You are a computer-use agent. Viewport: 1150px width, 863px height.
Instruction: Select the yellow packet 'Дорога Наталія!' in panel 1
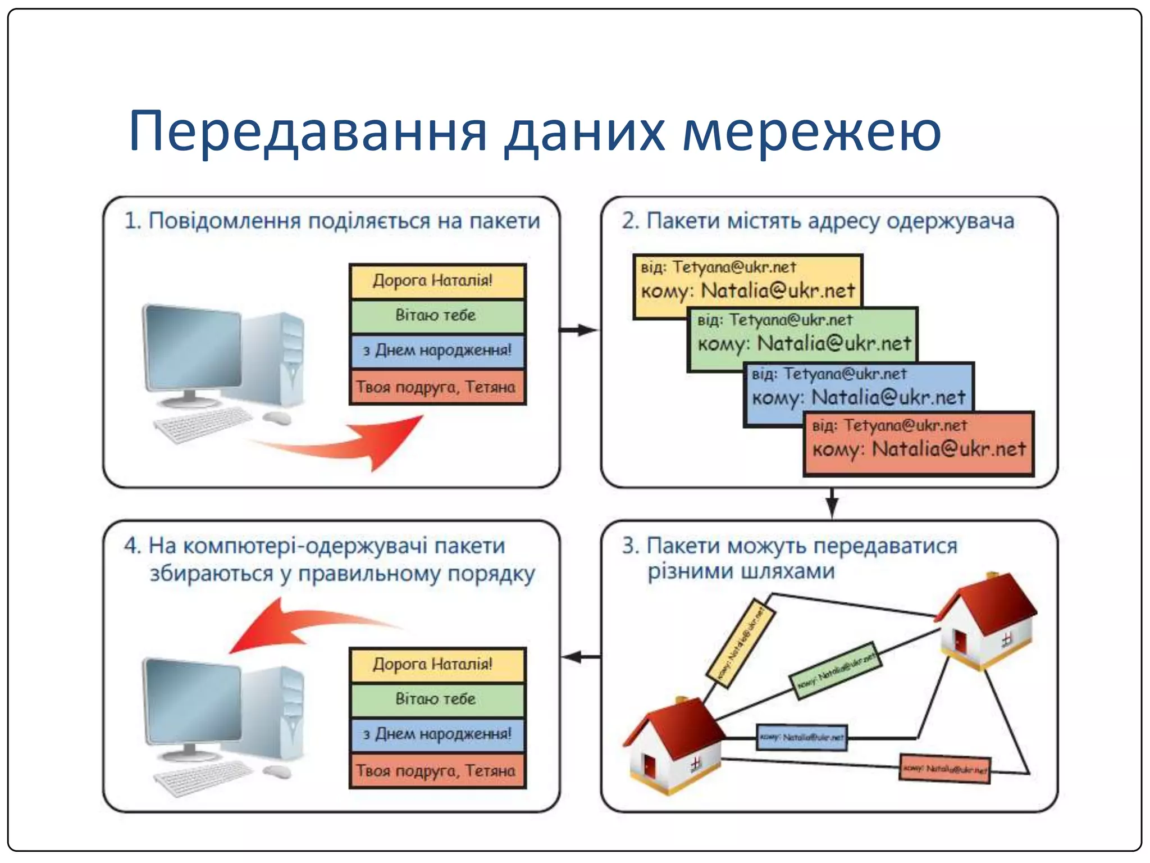[x=437, y=281]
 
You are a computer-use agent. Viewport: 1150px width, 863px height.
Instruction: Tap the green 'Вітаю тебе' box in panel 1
[x=437, y=316]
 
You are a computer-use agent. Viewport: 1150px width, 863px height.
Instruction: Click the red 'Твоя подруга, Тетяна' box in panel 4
[x=437, y=771]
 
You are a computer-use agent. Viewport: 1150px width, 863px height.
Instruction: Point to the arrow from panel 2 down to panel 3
[x=832, y=503]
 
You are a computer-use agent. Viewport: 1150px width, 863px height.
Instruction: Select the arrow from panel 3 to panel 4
[x=580, y=657]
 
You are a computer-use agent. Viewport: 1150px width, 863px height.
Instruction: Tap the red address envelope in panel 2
[x=919, y=444]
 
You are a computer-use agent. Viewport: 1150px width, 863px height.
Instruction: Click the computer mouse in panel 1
[x=277, y=417]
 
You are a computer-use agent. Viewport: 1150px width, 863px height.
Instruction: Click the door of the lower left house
[x=650, y=766]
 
